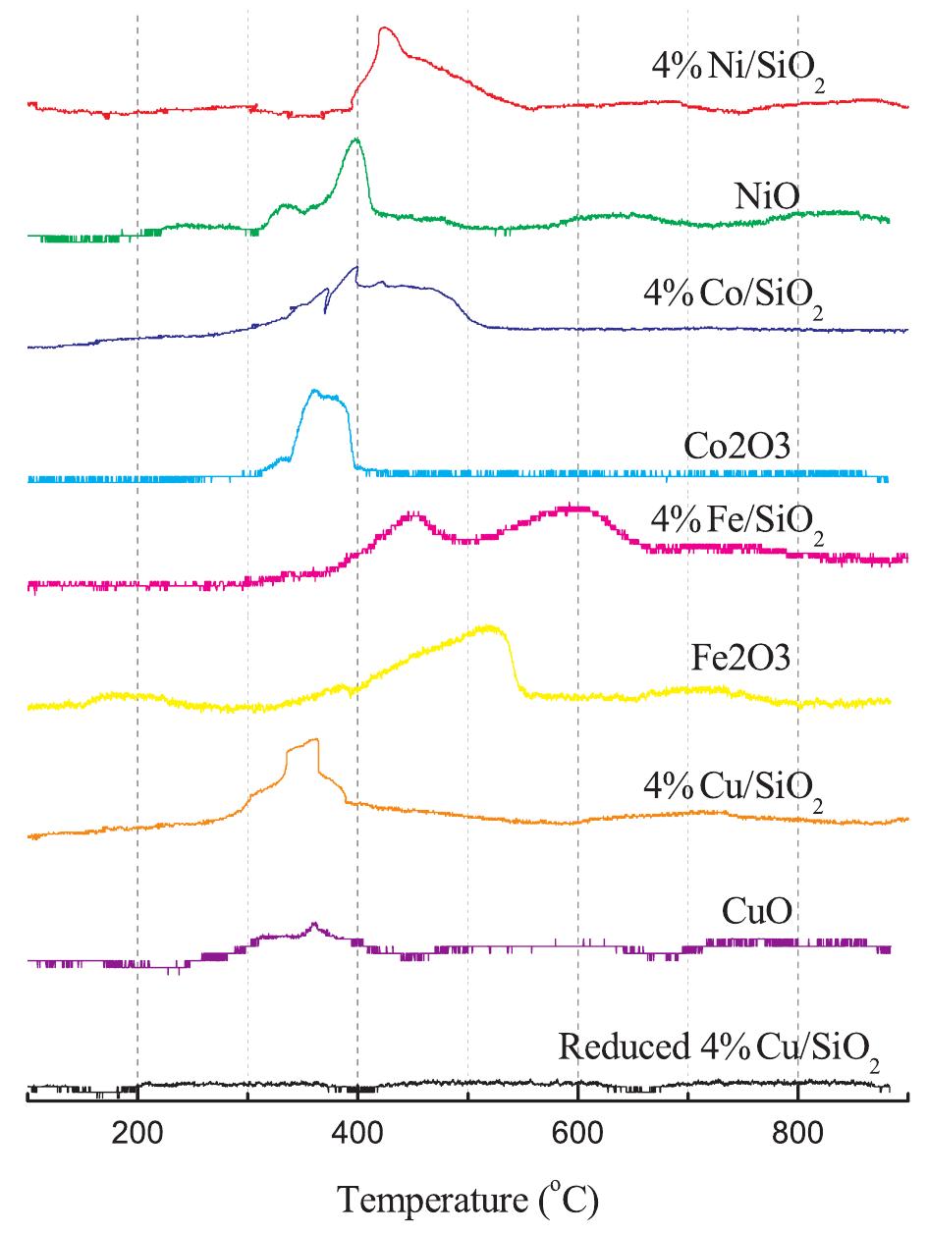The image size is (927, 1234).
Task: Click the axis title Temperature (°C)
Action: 467,1199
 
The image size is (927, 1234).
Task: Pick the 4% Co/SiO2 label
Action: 736,303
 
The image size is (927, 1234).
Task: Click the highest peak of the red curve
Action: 384,28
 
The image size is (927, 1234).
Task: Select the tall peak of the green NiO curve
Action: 355,140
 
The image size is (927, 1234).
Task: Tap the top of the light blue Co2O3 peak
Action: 314,391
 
